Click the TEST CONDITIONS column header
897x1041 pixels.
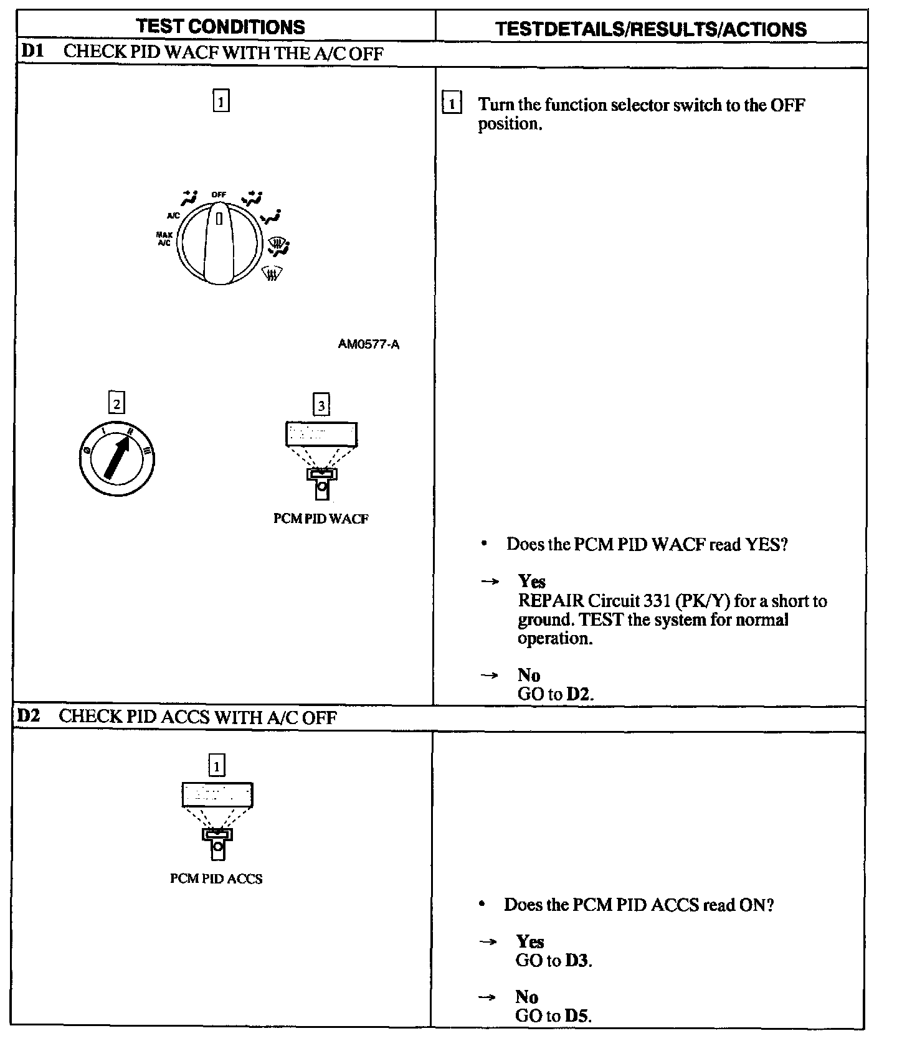coord(221,27)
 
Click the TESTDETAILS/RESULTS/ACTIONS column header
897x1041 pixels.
coord(650,29)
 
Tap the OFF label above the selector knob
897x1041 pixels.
coord(219,194)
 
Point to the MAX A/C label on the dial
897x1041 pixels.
coord(164,238)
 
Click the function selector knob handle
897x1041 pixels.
coord(219,246)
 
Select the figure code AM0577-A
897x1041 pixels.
coord(369,344)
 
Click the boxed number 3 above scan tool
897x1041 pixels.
coord(321,405)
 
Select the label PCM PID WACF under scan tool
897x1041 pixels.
coord(321,519)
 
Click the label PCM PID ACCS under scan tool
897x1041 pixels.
coord(216,879)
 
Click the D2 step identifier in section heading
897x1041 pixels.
coord(28,716)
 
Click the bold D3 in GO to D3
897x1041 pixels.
coord(577,960)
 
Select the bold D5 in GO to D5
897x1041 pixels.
coord(577,1016)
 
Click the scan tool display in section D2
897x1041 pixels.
coord(217,794)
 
